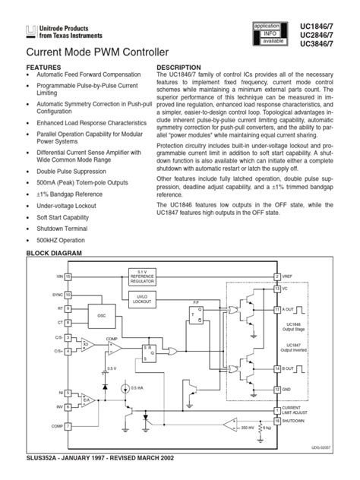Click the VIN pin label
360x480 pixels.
click(57, 277)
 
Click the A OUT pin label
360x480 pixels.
click(292, 310)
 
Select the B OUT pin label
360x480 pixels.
click(292, 368)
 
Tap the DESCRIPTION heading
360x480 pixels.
click(178, 67)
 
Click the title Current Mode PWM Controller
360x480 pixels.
click(87, 52)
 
